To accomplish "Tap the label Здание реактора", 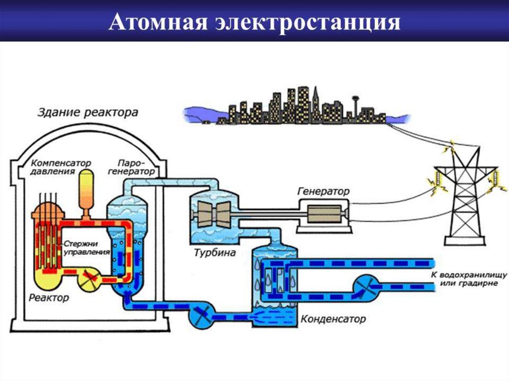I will (x=88, y=113).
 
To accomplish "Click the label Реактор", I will (x=49, y=298).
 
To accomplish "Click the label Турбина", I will (x=212, y=253).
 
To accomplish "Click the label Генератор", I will (x=324, y=191).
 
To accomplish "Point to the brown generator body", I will (x=324, y=214).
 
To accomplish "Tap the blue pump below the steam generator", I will (x=201, y=315).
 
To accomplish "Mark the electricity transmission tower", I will (x=464, y=199).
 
